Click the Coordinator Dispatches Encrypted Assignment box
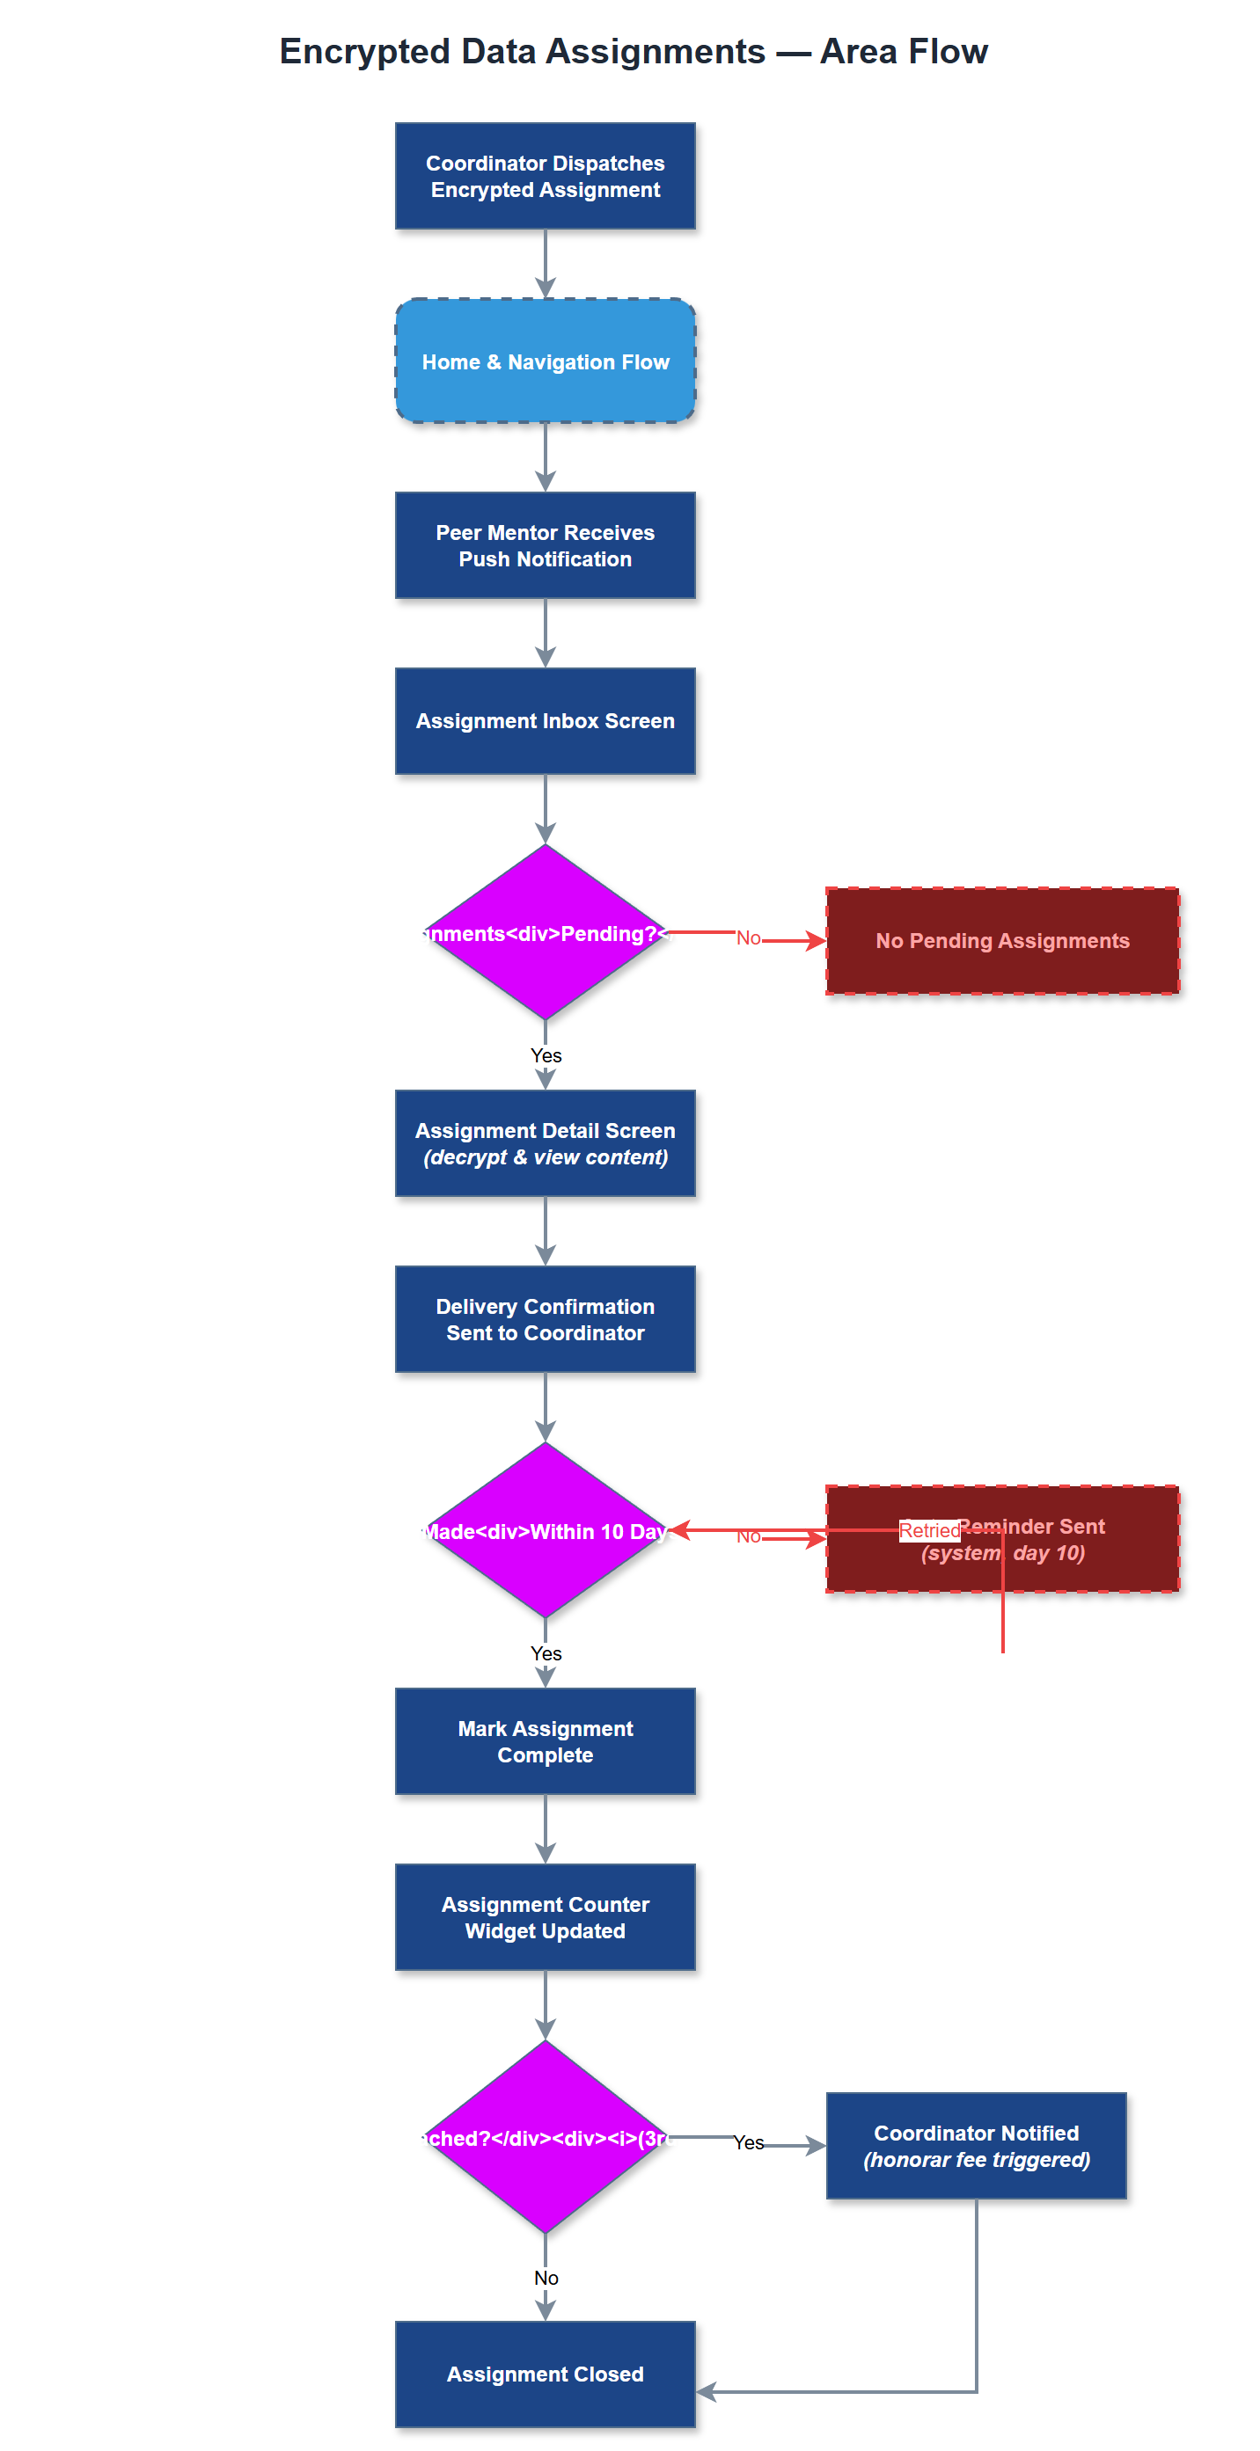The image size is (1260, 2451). (x=545, y=176)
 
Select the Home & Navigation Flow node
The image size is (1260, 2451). (x=545, y=361)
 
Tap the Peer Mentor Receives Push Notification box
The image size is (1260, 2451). (x=545, y=545)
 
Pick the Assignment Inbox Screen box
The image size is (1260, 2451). (x=545, y=721)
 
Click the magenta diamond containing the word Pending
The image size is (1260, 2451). (x=545, y=932)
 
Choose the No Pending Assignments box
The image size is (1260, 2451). (x=1001, y=941)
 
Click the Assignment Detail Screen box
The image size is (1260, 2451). (x=545, y=1142)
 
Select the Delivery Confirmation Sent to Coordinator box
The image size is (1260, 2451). (x=545, y=1319)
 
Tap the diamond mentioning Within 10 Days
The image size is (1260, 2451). (x=545, y=1530)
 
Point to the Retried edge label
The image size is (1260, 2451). (x=929, y=1530)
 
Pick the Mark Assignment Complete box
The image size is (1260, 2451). (x=545, y=1741)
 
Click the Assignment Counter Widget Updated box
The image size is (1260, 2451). (x=545, y=1917)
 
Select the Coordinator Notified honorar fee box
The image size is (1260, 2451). (x=976, y=2146)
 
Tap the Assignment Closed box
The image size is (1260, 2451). (x=545, y=2374)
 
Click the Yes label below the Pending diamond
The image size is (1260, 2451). (x=546, y=1055)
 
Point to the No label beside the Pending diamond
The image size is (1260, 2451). (x=748, y=938)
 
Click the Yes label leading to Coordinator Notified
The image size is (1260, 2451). (x=748, y=2142)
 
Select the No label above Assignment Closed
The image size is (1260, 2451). (x=546, y=2278)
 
